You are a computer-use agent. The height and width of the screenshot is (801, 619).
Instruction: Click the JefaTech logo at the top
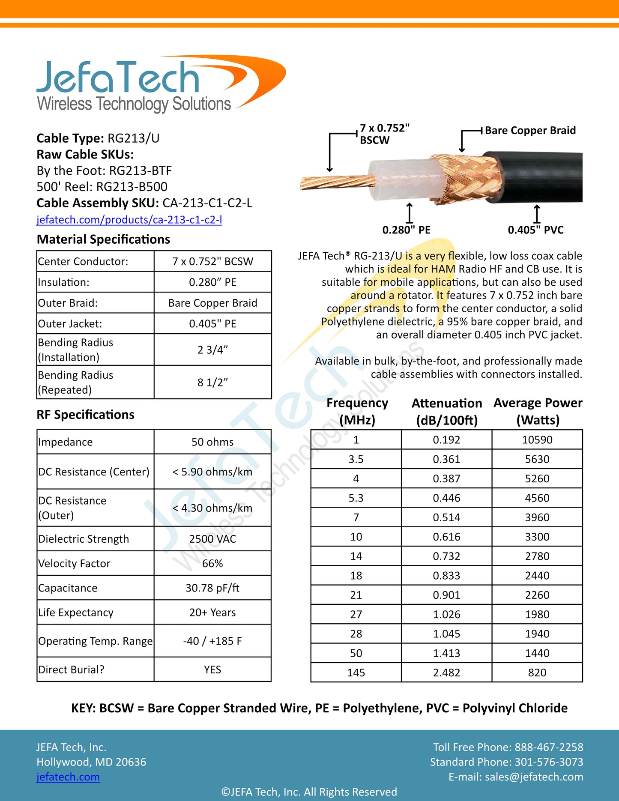[161, 84]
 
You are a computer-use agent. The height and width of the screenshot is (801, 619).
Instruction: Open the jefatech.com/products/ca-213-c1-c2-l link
[129, 220]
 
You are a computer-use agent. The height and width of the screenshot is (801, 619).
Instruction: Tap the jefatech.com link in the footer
[68, 777]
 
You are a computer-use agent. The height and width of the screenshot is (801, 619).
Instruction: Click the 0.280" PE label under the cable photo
[406, 230]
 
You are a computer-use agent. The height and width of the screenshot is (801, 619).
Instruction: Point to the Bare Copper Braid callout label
[530, 130]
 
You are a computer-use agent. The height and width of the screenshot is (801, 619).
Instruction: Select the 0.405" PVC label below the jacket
[535, 230]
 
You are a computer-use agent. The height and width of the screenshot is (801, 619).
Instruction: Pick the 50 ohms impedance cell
[212, 442]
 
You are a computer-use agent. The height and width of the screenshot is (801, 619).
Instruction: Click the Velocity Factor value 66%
[212, 563]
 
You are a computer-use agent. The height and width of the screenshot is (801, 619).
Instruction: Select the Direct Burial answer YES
[212, 669]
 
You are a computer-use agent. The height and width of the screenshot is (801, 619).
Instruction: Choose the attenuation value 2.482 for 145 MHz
[446, 672]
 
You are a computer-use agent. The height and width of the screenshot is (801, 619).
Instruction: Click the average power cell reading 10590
[537, 440]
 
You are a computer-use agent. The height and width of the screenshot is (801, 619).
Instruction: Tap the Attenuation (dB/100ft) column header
[447, 412]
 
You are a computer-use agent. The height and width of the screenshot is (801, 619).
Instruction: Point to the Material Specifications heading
[103, 239]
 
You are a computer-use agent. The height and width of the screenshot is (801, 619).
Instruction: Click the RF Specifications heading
[85, 415]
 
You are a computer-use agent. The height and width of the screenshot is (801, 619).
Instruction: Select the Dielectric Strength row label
[84, 539]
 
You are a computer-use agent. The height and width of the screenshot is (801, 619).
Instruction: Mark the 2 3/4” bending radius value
[212, 350]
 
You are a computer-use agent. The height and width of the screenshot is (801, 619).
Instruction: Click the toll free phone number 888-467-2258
[549, 747]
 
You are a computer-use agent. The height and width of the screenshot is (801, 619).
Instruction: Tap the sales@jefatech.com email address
[534, 777]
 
